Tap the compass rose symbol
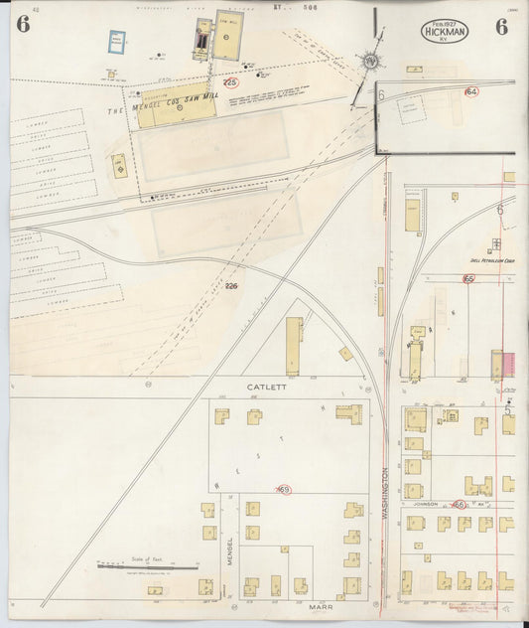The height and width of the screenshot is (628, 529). point(370,61)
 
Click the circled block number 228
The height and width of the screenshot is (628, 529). point(230,82)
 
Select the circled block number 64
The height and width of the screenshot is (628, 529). point(470,91)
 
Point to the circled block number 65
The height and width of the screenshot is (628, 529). point(467,279)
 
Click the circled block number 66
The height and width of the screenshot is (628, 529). point(459,505)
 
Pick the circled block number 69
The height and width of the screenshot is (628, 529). point(283,490)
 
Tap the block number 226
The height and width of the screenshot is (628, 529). point(231,286)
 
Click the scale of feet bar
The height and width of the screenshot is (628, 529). point(139,567)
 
